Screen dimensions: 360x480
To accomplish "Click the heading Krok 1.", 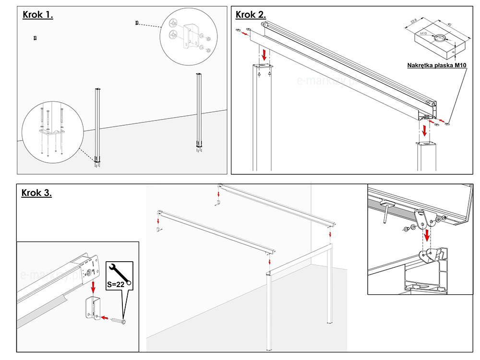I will [38, 14].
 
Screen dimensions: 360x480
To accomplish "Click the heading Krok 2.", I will [251, 14].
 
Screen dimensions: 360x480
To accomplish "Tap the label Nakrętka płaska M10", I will [437, 65].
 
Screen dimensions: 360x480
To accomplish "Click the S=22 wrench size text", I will [116, 284].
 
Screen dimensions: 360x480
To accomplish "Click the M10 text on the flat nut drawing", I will [423, 34].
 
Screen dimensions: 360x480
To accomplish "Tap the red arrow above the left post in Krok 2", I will [264, 53].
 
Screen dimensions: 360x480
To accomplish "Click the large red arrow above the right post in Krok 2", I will [424, 130].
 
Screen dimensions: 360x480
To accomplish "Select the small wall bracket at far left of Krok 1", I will [35, 38].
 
